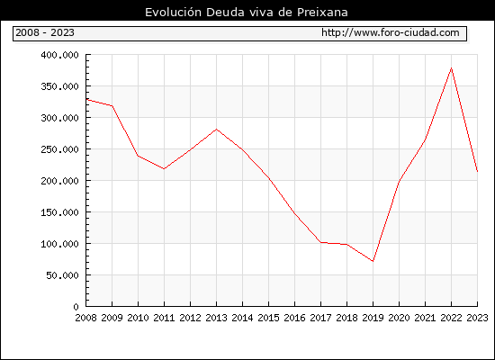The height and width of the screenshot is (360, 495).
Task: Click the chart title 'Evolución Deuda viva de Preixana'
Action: (x=247, y=13)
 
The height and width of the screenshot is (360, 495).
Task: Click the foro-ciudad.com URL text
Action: (x=391, y=32)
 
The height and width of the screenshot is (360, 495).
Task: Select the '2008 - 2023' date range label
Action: (x=45, y=32)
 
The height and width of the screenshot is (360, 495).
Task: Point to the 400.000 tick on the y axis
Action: (x=59, y=55)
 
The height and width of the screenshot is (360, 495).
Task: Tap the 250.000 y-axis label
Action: (x=59, y=149)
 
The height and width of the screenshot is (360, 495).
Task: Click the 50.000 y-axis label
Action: (x=62, y=275)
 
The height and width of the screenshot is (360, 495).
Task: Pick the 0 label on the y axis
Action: (x=76, y=307)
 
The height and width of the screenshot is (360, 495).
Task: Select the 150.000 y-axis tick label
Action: (x=59, y=212)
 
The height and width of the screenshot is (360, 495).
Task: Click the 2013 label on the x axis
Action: (x=216, y=318)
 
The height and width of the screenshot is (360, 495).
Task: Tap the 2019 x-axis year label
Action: (x=373, y=318)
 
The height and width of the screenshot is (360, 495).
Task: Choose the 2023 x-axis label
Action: (x=477, y=318)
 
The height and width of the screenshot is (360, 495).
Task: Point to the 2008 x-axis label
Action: (x=85, y=318)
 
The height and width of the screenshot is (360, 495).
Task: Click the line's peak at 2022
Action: (x=452, y=67)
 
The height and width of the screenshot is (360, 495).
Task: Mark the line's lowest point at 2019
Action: (x=373, y=261)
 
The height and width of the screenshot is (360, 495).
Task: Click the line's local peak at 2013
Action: (x=216, y=130)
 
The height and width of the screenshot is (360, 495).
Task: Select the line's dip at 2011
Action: (x=164, y=168)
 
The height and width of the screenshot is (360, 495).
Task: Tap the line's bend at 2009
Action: (x=112, y=106)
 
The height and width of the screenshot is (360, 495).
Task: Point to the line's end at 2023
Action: (x=477, y=172)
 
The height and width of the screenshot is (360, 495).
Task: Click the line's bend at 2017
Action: (x=320, y=242)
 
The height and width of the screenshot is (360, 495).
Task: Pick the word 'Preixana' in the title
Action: (x=322, y=13)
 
